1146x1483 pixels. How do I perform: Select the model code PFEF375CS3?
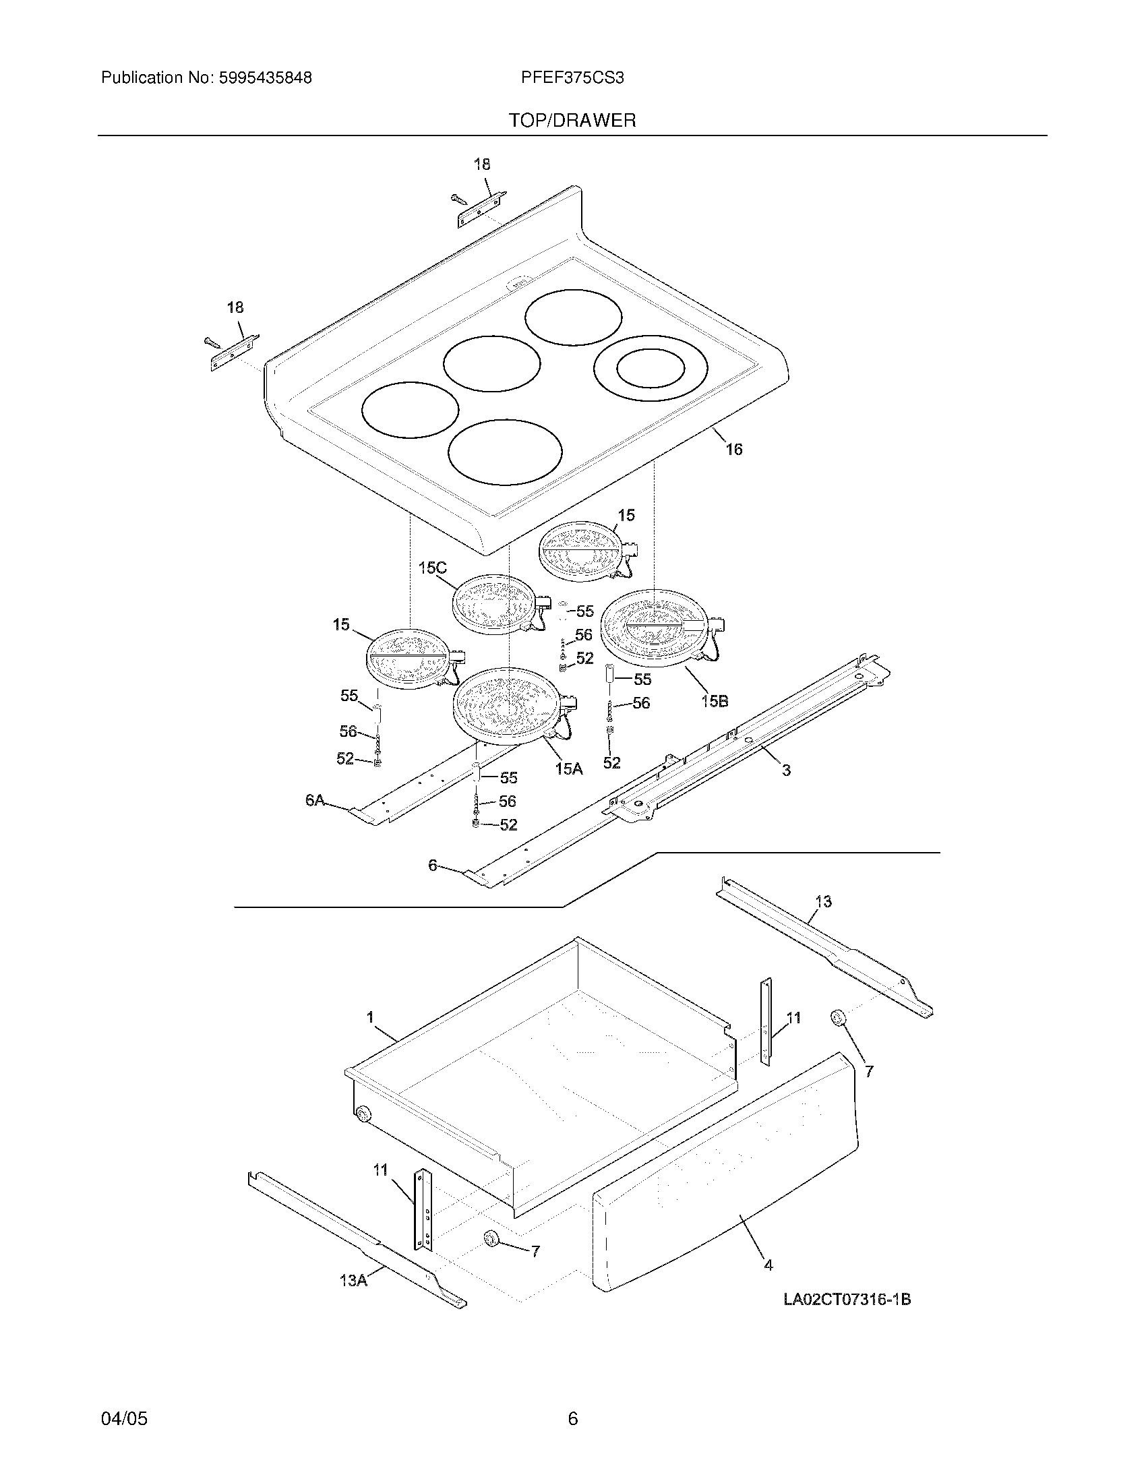572,78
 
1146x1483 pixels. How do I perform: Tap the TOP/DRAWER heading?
572,121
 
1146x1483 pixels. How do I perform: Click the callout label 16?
734,450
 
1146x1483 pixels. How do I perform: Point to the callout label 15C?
433,568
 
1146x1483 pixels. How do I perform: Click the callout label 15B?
714,701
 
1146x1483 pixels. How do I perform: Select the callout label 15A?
569,768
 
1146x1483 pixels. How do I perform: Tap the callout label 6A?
315,801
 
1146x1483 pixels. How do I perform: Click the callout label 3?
786,770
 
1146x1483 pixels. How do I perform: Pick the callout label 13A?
353,1281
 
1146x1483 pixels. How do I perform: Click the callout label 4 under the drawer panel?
768,1265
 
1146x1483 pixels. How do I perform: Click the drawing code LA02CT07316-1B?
847,1300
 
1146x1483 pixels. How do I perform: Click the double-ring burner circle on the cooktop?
651,369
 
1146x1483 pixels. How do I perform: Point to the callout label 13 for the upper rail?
823,902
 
